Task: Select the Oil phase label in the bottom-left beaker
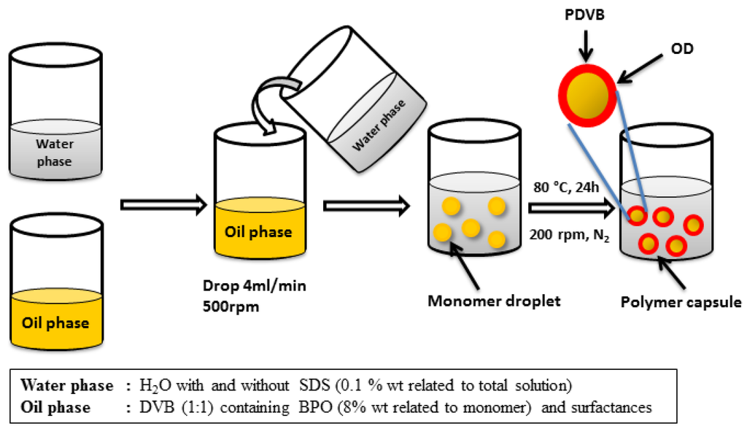point(56,322)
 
